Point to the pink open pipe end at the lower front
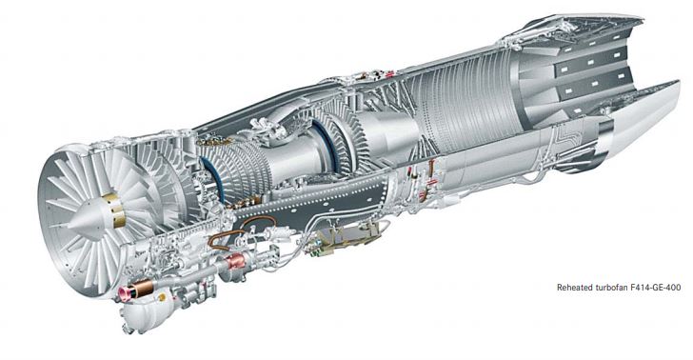(x=125, y=292)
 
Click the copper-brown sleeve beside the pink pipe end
(x=142, y=288)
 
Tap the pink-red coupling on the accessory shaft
(x=234, y=263)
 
